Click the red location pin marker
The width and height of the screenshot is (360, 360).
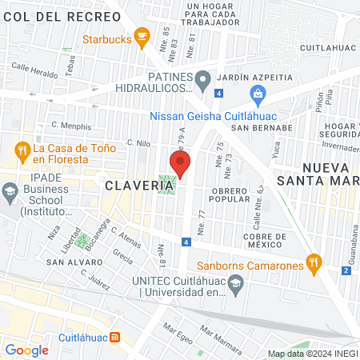click(180, 164)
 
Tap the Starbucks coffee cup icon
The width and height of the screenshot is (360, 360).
click(142, 36)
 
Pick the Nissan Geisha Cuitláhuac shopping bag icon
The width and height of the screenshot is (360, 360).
click(258, 98)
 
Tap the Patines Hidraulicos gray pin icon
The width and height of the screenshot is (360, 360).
click(203, 78)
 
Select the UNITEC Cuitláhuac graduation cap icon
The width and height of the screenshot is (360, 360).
click(235, 283)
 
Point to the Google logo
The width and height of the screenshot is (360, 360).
click(26, 350)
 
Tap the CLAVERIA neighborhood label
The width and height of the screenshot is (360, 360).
click(138, 185)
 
